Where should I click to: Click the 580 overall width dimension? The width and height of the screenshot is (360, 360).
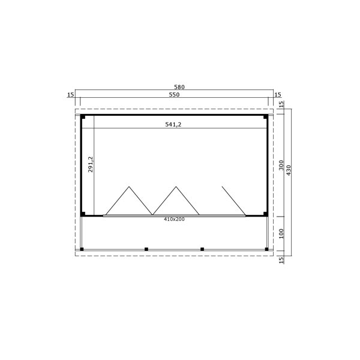(x=179, y=87)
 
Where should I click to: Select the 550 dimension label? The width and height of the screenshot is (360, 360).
(x=174, y=95)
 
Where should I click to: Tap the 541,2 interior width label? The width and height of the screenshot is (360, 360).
(x=173, y=124)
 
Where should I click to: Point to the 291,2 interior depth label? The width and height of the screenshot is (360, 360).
(x=91, y=164)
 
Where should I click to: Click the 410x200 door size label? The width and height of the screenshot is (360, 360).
(x=174, y=219)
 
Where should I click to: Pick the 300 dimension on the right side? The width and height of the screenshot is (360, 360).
(x=281, y=166)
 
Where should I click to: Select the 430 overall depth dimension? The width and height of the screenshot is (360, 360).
(x=289, y=170)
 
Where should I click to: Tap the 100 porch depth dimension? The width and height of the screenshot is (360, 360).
(x=281, y=234)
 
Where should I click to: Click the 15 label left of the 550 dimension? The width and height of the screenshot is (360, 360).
(x=71, y=95)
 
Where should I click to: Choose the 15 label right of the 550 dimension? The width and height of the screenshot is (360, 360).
(x=278, y=95)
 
